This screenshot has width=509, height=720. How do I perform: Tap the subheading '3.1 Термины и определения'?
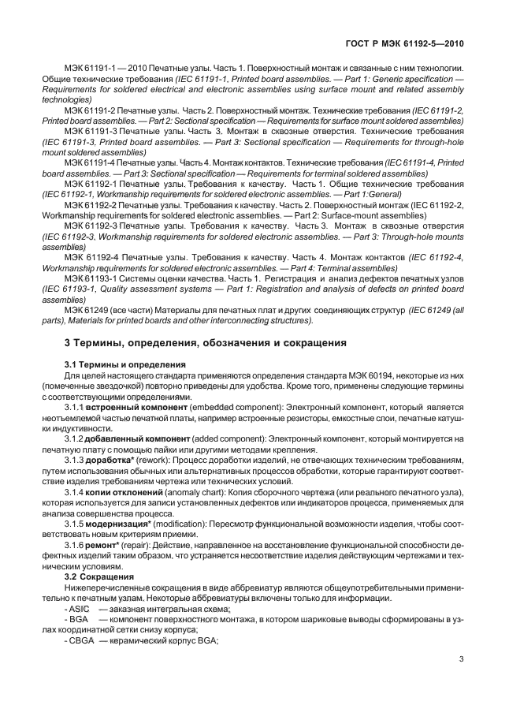click(124, 364)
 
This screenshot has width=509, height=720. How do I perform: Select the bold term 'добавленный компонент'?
click(132, 437)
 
